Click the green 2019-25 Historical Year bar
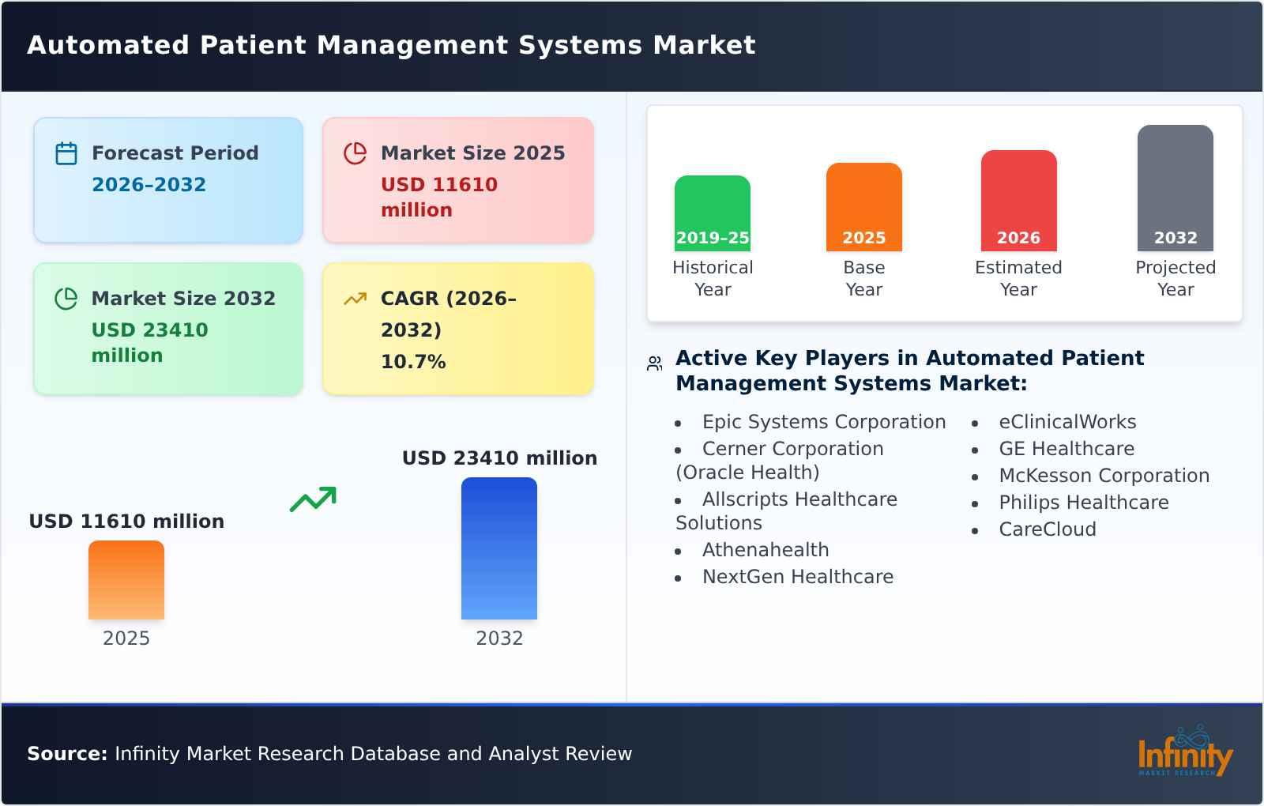pyautogui.click(x=712, y=213)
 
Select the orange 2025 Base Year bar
pyautogui.click(x=863, y=207)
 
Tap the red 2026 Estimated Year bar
pyautogui.click(x=1018, y=201)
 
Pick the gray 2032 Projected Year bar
pyautogui.click(x=1175, y=188)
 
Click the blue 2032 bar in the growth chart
pyautogui.click(x=498, y=548)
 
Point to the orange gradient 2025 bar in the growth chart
pyautogui.click(x=126, y=580)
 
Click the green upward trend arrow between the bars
pyautogui.click(x=313, y=499)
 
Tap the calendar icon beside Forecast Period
pyautogui.click(x=66, y=153)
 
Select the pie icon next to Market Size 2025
pyautogui.click(x=355, y=153)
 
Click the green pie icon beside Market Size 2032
pyautogui.click(x=66, y=299)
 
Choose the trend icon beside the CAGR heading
pyautogui.click(x=355, y=299)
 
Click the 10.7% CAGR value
pyautogui.click(x=413, y=362)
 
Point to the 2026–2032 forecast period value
pyautogui.click(x=149, y=185)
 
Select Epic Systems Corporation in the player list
pyautogui.click(x=823, y=422)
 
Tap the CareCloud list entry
pyautogui.click(x=1047, y=529)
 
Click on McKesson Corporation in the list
pyautogui.click(x=1104, y=476)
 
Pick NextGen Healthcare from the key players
pyautogui.click(x=797, y=577)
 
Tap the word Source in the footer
pyautogui.click(x=66, y=754)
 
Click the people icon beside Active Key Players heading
pyautogui.click(x=654, y=363)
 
